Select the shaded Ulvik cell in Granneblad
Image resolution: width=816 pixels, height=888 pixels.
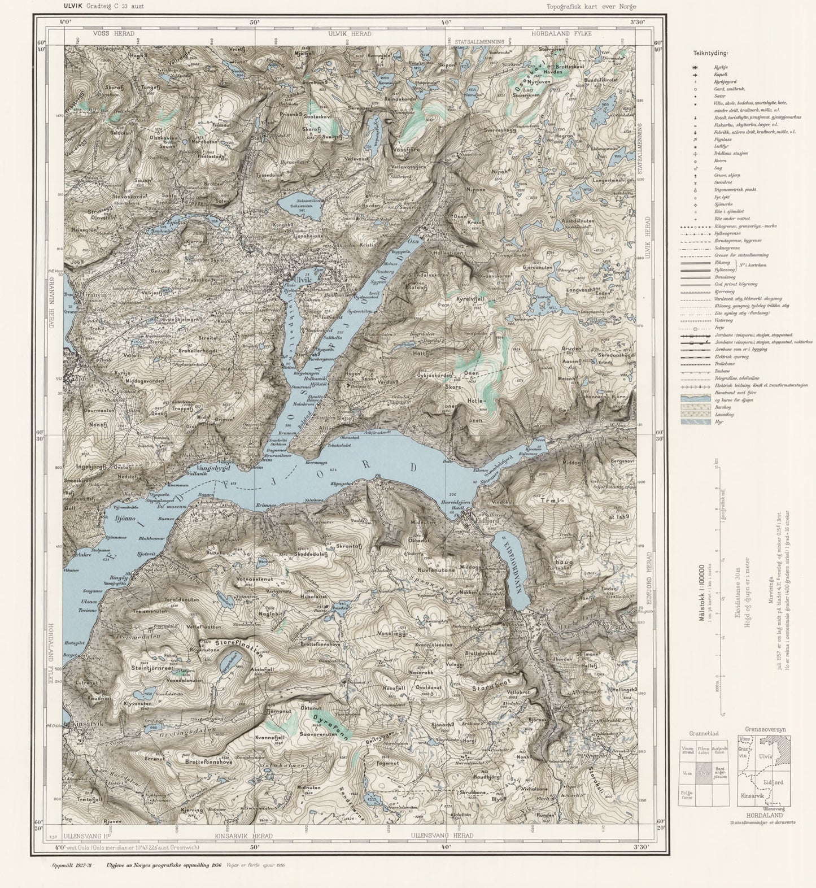[x=703, y=772]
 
